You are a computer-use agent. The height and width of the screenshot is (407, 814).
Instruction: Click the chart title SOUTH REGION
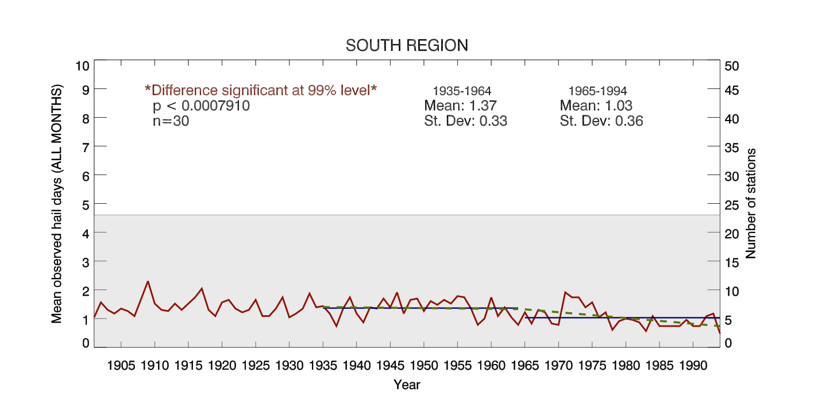pyautogui.click(x=407, y=45)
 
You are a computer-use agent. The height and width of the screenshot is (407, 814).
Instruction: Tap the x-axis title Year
pyautogui.click(x=407, y=385)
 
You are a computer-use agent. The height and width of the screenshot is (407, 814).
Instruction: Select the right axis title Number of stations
pyautogui.click(x=750, y=203)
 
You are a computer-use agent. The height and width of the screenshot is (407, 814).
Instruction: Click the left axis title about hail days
pyautogui.click(x=57, y=203)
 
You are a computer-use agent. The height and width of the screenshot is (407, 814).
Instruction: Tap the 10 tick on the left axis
pyautogui.click(x=83, y=65)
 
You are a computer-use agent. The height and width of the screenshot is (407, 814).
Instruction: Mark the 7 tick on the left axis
pyautogui.click(x=86, y=147)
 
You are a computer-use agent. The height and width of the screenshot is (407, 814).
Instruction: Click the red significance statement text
pyautogui.click(x=261, y=90)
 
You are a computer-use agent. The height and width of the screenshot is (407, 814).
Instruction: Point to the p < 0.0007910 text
pyautogui.click(x=201, y=106)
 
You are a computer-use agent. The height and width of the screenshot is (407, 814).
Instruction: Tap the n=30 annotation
pyautogui.click(x=171, y=121)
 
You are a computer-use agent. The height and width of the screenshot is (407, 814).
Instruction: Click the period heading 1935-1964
pyautogui.click(x=462, y=91)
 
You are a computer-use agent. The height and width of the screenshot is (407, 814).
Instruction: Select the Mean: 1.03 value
pyautogui.click(x=596, y=106)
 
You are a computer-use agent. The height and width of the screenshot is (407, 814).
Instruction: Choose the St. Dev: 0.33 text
pyautogui.click(x=465, y=121)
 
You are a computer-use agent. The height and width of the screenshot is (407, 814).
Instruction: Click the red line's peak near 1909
pyautogui.click(x=148, y=281)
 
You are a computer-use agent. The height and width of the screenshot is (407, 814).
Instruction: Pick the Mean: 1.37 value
pyautogui.click(x=460, y=106)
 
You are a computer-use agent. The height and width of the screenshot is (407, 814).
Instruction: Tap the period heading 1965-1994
pyautogui.click(x=597, y=91)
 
